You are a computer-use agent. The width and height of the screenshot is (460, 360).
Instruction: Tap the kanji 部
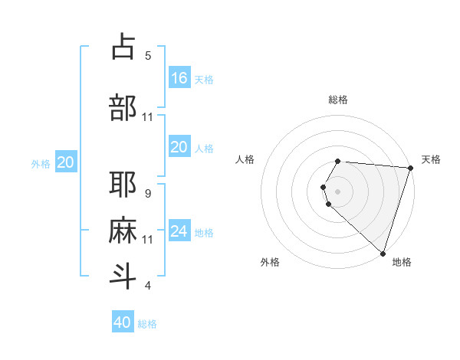pyautogui.click(x=123, y=108)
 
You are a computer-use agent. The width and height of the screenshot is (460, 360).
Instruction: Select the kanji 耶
pyautogui.click(x=123, y=185)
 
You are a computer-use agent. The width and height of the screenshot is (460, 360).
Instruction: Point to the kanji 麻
pyautogui.click(x=123, y=231)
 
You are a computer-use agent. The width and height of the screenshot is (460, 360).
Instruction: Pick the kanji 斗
pyautogui.click(x=123, y=277)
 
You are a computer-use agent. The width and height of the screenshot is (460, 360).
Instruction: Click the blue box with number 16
pyautogui.click(x=179, y=77)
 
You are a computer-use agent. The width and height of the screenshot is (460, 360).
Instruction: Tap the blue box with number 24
pyautogui.click(x=179, y=231)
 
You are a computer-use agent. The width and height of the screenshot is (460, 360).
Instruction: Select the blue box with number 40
pyautogui.click(x=123, y=322)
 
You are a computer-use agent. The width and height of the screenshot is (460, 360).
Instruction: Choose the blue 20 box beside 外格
pyautogui.click(x=66, y=162)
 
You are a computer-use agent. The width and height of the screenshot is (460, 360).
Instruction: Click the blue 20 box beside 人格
pyautogui.click(x=179, y=147)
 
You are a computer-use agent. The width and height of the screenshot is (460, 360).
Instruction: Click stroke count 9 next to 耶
pyautogui.click(x=148, y=194)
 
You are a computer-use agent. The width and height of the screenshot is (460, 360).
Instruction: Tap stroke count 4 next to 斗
pyautogui.click(x=148, y=286)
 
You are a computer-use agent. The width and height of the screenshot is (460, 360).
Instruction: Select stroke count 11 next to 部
pyautogui.click(x=148, y=117)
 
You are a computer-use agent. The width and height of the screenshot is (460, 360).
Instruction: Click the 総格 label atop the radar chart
pyautogui.click(x=337, y=100)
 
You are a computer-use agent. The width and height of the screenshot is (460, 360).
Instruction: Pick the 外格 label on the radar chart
pyautogui.click(x=270, y=262)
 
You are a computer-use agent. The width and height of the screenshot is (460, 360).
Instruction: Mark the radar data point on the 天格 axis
pyautogui.click(x=410, y=168)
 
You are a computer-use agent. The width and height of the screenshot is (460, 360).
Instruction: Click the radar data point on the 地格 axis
pyautogui.click(x=383, y=253)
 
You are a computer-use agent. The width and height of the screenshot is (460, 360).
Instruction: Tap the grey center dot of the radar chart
pyautogui.click(x=337, y=190)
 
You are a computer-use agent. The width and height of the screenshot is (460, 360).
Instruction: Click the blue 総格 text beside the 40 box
pyautogui.click(x=147, y=324)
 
